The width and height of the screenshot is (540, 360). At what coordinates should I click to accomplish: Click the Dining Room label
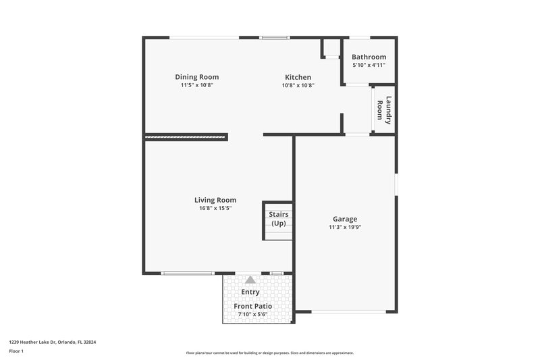[196, 77]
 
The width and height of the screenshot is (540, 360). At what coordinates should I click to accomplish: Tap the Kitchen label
[298, 77]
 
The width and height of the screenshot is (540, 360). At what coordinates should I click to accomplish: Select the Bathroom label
[369, 57]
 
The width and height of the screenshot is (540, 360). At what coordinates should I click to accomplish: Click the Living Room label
[215, 200]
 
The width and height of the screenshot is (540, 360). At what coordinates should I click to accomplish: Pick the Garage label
[345, 219]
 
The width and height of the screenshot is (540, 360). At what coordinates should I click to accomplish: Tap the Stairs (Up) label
[278, 219]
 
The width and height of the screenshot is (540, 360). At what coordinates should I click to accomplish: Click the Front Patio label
[253, 306]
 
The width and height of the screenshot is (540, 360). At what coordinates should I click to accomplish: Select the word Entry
[250, 292]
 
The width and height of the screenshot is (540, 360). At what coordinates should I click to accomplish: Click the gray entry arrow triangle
[250, 279]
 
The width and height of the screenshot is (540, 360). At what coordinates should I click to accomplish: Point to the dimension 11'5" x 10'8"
[196, 86]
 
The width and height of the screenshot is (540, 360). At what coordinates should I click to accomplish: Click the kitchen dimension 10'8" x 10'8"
[298, 86]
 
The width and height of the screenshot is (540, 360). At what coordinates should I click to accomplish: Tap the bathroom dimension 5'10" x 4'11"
[369, 66]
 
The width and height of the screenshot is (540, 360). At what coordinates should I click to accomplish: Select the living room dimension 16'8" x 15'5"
[215, 209]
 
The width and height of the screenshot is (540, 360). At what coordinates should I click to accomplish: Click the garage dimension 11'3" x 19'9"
[345, 228]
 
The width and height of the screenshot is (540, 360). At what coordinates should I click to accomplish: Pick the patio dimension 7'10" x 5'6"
[253, 315]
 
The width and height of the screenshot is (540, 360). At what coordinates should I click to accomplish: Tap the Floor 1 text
[16, 352]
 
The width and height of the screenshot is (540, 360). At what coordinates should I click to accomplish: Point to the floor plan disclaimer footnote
[269, 353]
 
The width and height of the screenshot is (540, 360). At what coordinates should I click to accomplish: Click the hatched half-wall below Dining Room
[186, 137]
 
